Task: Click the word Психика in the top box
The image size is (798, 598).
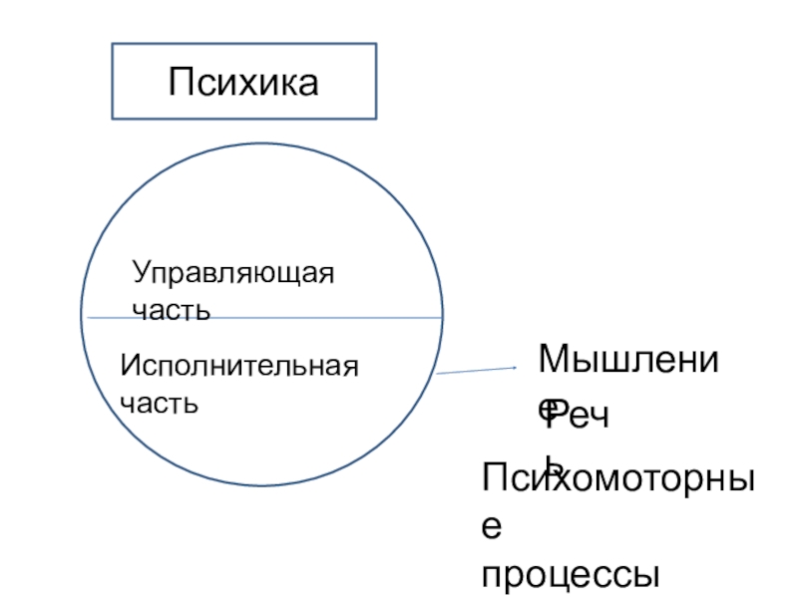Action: click(x=243, y=81)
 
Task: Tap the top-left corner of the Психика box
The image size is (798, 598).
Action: click(x=112, y=44)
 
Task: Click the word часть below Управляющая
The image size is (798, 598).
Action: click(x=171, y=310)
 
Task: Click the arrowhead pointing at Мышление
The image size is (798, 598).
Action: click(x=515, y=368)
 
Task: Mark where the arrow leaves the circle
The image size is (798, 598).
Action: click(x=437, y=375)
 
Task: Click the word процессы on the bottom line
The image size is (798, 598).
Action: click(x=572, y=575)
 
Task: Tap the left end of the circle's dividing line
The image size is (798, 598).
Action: click(x=88, y=318)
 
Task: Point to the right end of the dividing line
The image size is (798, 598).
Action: click(x=443, y=318)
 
